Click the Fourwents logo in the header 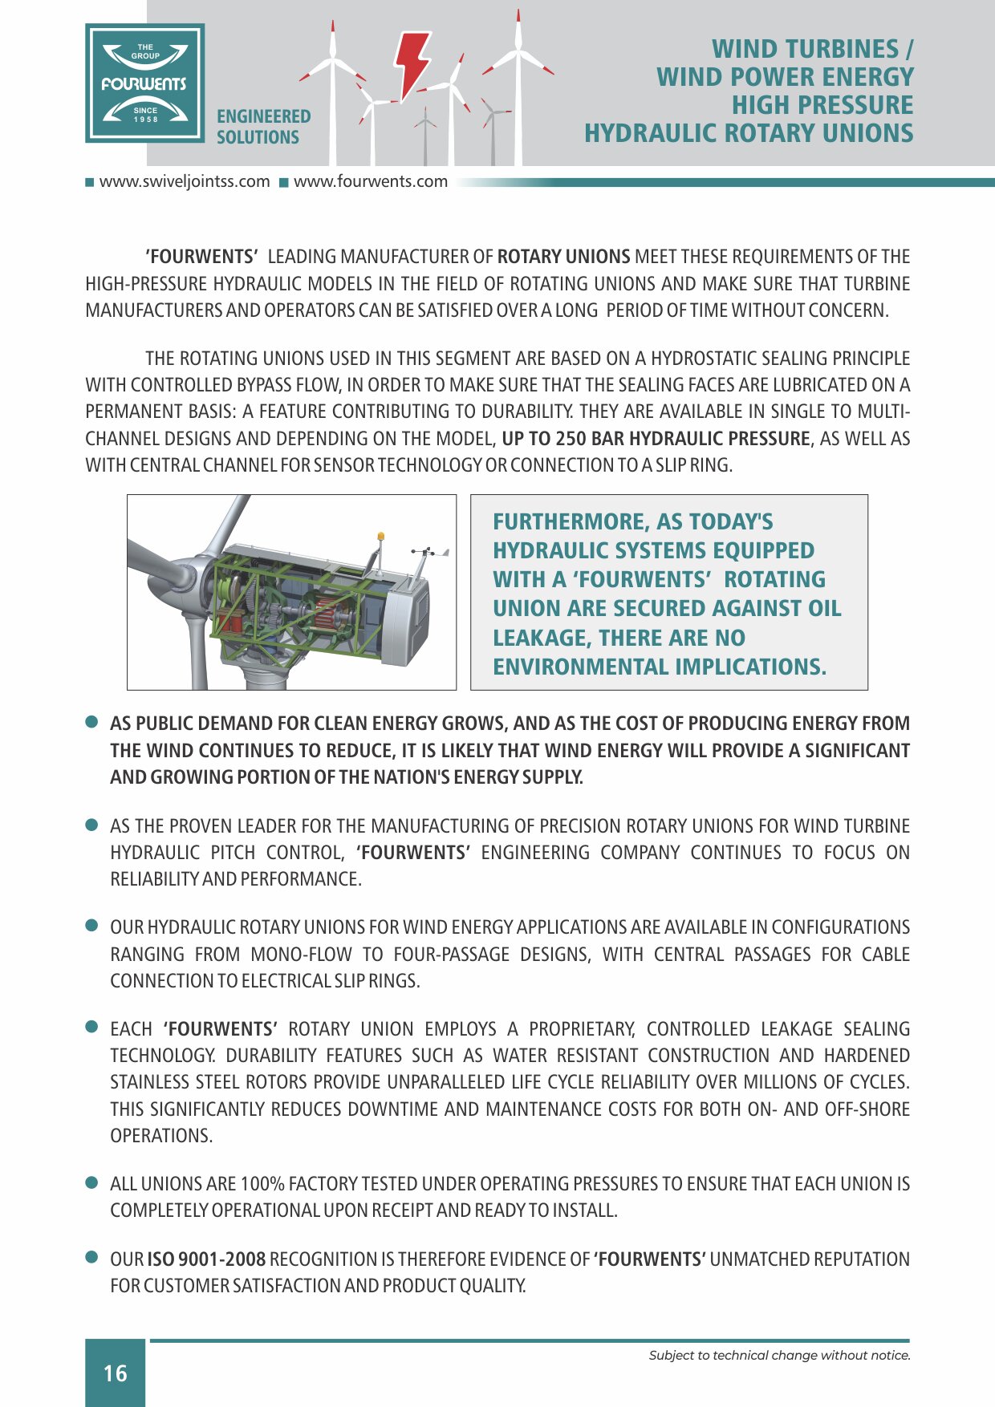pyautogui.click(x=145, y=83)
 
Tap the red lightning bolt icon pyautogui.click(x=412, y=62)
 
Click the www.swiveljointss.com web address pyautogui.click(x=184, y=181)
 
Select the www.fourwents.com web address pyautogui.click(x=370, y=181)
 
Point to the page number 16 pyautogui.click(x=116, y=1373)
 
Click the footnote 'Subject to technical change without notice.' pyautogui.click(x=779, y=1356)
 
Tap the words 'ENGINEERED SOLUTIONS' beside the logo pyautogui.click(x=263, y=127)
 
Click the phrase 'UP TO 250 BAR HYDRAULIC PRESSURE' pyautogui.click(x=656, y=439)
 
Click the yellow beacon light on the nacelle pyautogui.click(x=381, y=536)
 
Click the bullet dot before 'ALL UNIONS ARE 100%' pyautogui.click(x=92, y=1182)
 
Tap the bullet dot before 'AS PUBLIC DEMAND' pyautogui.click(x=92, y=722)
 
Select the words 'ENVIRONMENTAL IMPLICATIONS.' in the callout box pyautogui.click(x=659, y=667)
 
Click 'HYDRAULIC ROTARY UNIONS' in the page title pyautogui.click(x=748, y=133)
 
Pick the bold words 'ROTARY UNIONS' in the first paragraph pyautogui.click(x=563, y=257)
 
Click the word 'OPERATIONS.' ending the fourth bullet pyautogui.click(x=161, y=1136)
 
